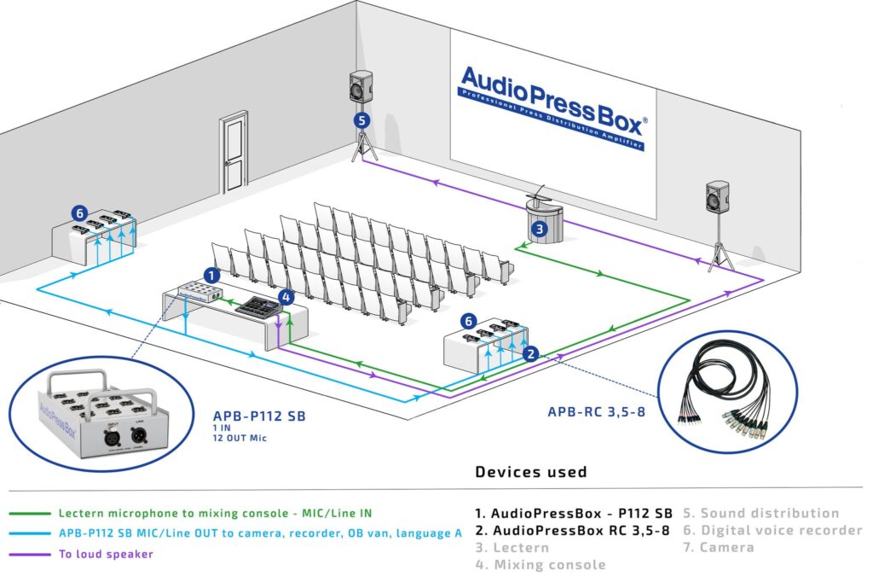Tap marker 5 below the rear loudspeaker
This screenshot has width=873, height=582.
[362, 121]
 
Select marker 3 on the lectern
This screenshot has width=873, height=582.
[539, 228]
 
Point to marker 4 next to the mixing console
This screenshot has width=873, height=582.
[286, 297]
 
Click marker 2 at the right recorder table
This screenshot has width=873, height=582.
[529, 353]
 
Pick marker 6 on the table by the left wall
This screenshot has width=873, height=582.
[79, 213]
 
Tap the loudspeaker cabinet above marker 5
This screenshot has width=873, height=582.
[361, 88]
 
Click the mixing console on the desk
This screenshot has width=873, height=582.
[258, 306]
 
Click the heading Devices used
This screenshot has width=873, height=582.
[530, 472]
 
